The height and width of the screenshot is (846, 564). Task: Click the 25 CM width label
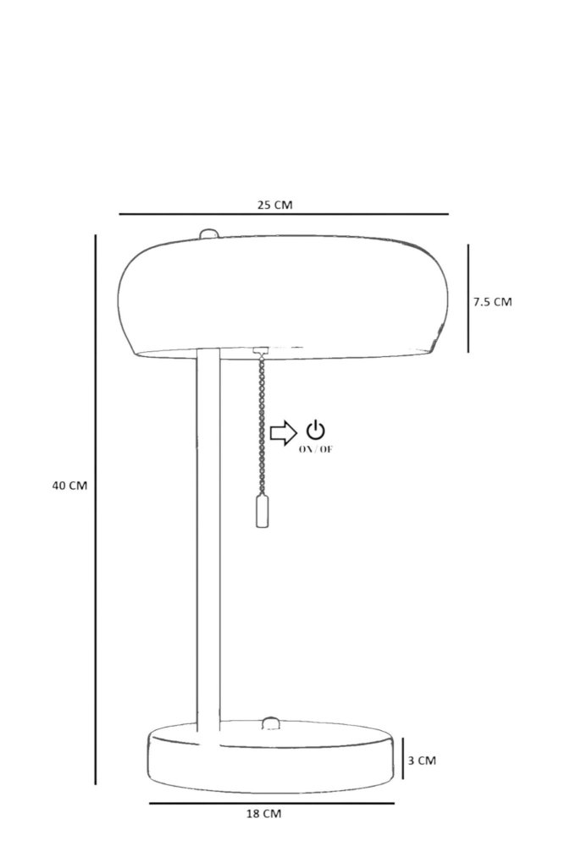[274, 205]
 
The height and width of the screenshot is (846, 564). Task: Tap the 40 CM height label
[69, 486]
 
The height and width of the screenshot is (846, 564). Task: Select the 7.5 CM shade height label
[492, 302]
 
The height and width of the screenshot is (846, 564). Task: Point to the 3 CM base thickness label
[422, 761]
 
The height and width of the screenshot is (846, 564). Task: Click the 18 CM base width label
[263, 814]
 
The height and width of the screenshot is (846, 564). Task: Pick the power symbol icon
[316, 430]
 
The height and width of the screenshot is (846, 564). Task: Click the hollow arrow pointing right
[283, 432]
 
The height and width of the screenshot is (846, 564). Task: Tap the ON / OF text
[316, 449]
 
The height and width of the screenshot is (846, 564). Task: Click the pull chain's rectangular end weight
[262, 511]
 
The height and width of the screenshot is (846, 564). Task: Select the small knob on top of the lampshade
[209, 233]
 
